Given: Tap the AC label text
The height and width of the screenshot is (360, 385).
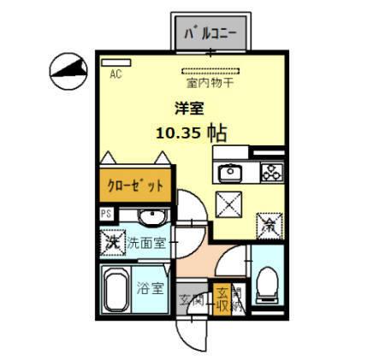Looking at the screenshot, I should (115, 74).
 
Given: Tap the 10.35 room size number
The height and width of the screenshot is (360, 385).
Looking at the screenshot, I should (179, 133).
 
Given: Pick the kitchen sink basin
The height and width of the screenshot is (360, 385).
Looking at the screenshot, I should (229, 174).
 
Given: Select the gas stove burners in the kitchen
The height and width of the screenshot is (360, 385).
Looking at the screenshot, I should (271, 172).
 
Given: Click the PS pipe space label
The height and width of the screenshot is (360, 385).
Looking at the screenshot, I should (107, 214).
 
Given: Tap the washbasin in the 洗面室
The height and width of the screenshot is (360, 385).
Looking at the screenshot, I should (150, 215).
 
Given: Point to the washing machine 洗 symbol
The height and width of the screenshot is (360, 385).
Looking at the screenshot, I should (111, 242).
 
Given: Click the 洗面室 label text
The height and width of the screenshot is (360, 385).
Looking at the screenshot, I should (147, 244).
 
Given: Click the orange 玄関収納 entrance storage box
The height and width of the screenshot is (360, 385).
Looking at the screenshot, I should (222, 299).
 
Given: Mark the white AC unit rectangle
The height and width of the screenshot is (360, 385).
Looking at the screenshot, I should (118, 62).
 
